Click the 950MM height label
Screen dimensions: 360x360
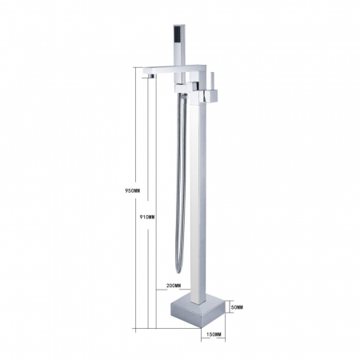133,190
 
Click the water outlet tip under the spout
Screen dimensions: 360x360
148,78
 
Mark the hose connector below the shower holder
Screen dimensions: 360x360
182,99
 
